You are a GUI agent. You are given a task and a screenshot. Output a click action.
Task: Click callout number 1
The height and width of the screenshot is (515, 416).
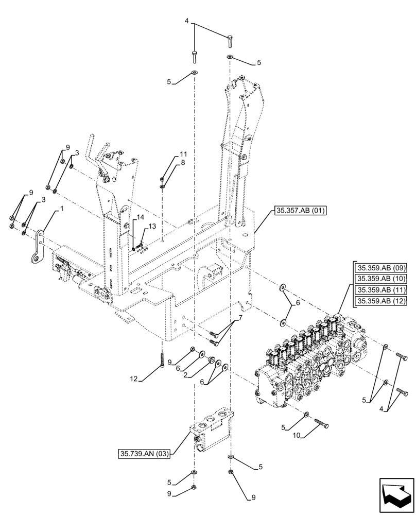pos(62,209)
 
